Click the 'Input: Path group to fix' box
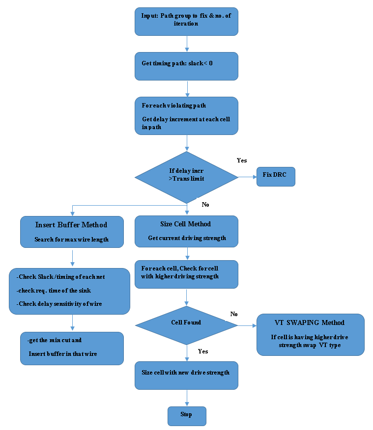point(186,21)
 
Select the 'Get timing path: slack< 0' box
point(186,66)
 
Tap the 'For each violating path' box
point(186,115)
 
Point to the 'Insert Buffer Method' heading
point(71,225)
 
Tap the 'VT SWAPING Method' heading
point(310,323)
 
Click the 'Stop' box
point(186,415)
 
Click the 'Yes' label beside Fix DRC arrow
point(242,161)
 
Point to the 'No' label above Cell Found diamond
point(234,314)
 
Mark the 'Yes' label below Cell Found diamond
point(202,351)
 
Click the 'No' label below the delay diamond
point(205,204)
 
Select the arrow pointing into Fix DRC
point(247,177)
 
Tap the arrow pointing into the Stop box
point(187,398)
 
